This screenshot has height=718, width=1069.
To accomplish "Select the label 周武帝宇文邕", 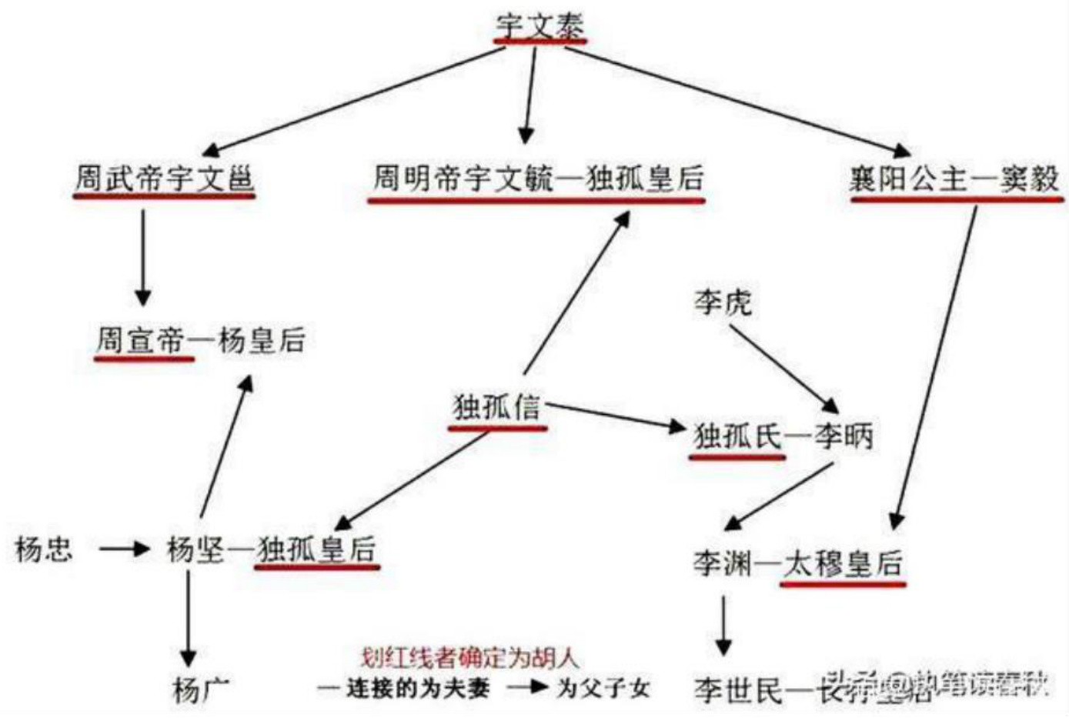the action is tap(164, 179).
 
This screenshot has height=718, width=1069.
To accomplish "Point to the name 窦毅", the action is tap(1030, 179).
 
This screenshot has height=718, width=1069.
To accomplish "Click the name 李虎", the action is tap(722, 302).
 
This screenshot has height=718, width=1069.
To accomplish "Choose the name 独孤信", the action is tap(497, 407).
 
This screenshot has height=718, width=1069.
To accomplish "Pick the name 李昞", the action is tap(844, 436).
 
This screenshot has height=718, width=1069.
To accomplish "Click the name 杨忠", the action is tap(44, 549).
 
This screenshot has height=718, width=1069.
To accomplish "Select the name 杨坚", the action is tap(195, 549).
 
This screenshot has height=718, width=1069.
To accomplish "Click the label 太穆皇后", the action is tap(842, 564).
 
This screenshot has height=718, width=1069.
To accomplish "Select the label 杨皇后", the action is tap(262, 339).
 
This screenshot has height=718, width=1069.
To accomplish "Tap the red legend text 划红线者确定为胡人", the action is tap(469, 658).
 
